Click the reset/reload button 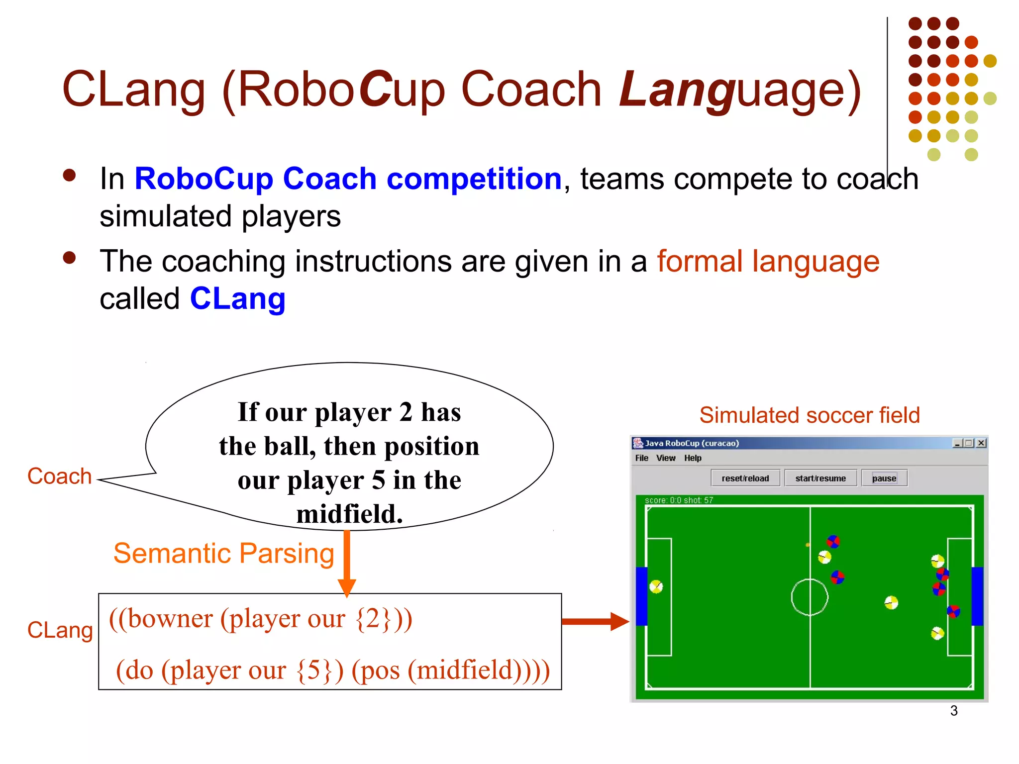pos(745,478)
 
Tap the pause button pos(884,478)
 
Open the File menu pos(641,458)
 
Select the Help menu pos(692,458)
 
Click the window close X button pos(981,443)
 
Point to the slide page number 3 pos(953,710)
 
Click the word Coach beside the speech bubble pos(59,476)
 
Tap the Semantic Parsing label pos(223,553)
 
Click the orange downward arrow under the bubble pos(347,562)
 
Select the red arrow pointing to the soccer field pos(595,621)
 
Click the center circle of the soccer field pos(810,597)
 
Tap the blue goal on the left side pos(641,596)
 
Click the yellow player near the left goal pos(656,586)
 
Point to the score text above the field pos(678,500)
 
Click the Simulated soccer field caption pos(809,415)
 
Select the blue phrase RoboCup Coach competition pos(348,179)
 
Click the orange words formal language pos(768,261)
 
